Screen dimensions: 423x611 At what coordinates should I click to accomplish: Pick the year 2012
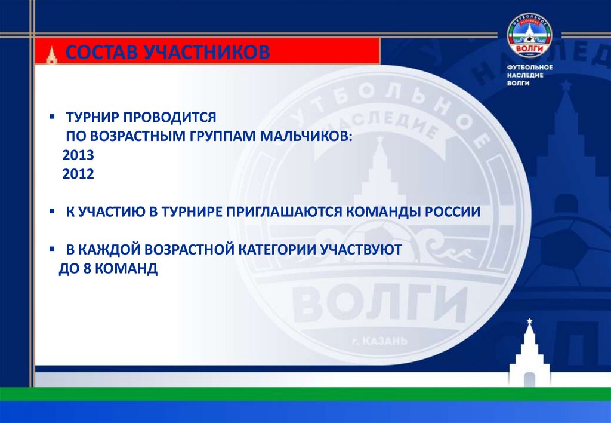[78, 174]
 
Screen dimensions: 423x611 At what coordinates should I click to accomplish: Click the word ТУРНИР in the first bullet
[91, 117]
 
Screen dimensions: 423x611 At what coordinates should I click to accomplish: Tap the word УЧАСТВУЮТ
[362, 250]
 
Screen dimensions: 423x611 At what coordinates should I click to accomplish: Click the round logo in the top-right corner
[529, 35]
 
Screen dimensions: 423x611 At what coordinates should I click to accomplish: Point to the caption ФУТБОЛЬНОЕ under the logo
[529, 67]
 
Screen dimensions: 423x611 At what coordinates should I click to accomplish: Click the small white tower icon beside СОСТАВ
[53, 54]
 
